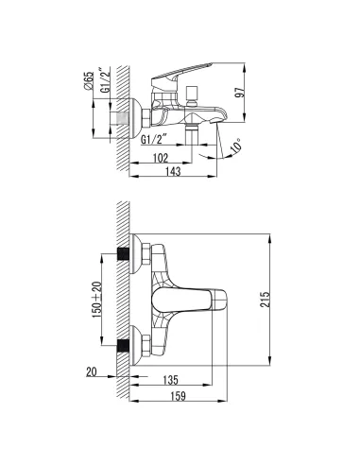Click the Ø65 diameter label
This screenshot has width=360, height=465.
click(89, 81)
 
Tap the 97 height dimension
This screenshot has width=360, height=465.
click(240, 92)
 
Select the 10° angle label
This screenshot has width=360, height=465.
click(237, 146)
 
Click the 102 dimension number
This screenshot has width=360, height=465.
click(161, 158)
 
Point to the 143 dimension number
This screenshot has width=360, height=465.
click(173, 171)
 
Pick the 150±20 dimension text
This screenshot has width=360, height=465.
click(96, 300)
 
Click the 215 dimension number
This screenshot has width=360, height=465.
click(266, 300)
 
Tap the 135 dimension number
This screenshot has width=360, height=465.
click(170, 380)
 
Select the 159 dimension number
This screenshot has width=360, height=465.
click(178, 396)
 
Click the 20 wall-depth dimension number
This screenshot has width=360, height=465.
click(92, 372)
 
